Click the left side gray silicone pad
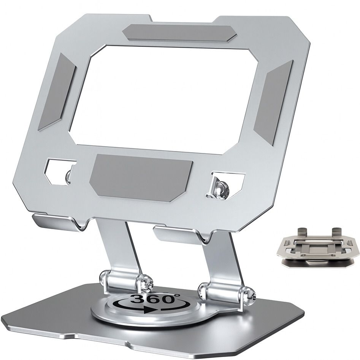point(57,91)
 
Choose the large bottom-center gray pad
point(141,175)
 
